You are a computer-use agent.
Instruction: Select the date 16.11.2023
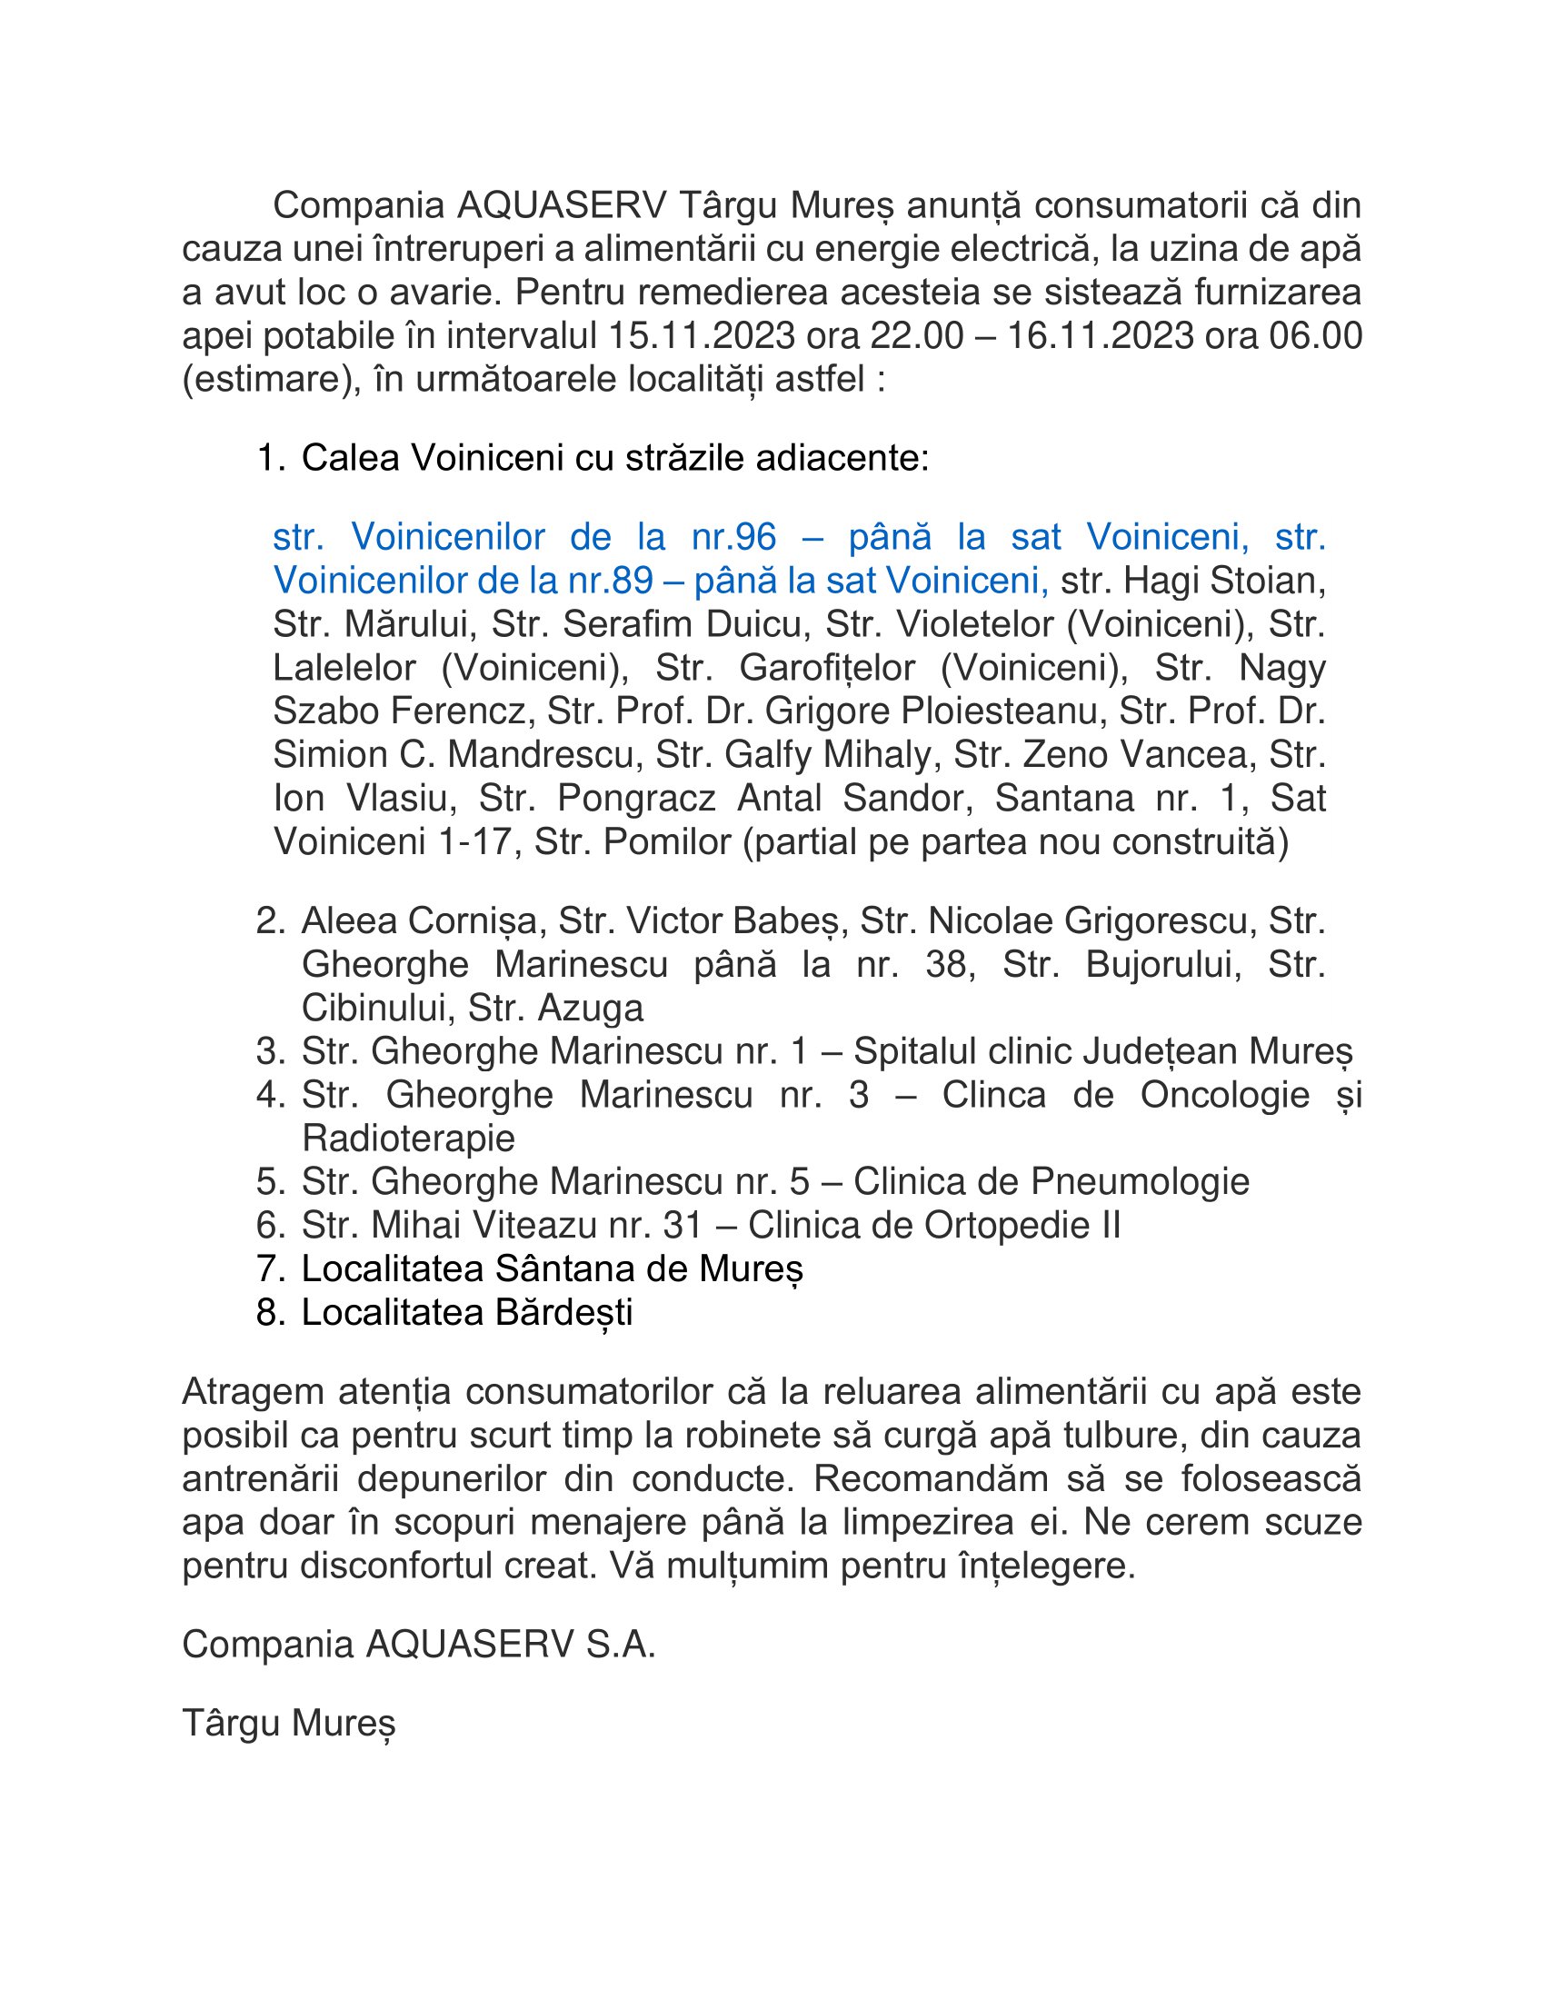click(1101, 336)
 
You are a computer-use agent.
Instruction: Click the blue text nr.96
click(733, 536)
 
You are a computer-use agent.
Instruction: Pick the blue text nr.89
click(611, 581)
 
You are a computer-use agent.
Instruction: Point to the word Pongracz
click(636, 798)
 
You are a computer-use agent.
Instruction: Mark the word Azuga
click(591, 1009)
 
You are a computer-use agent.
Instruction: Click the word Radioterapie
click(408, 1139)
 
